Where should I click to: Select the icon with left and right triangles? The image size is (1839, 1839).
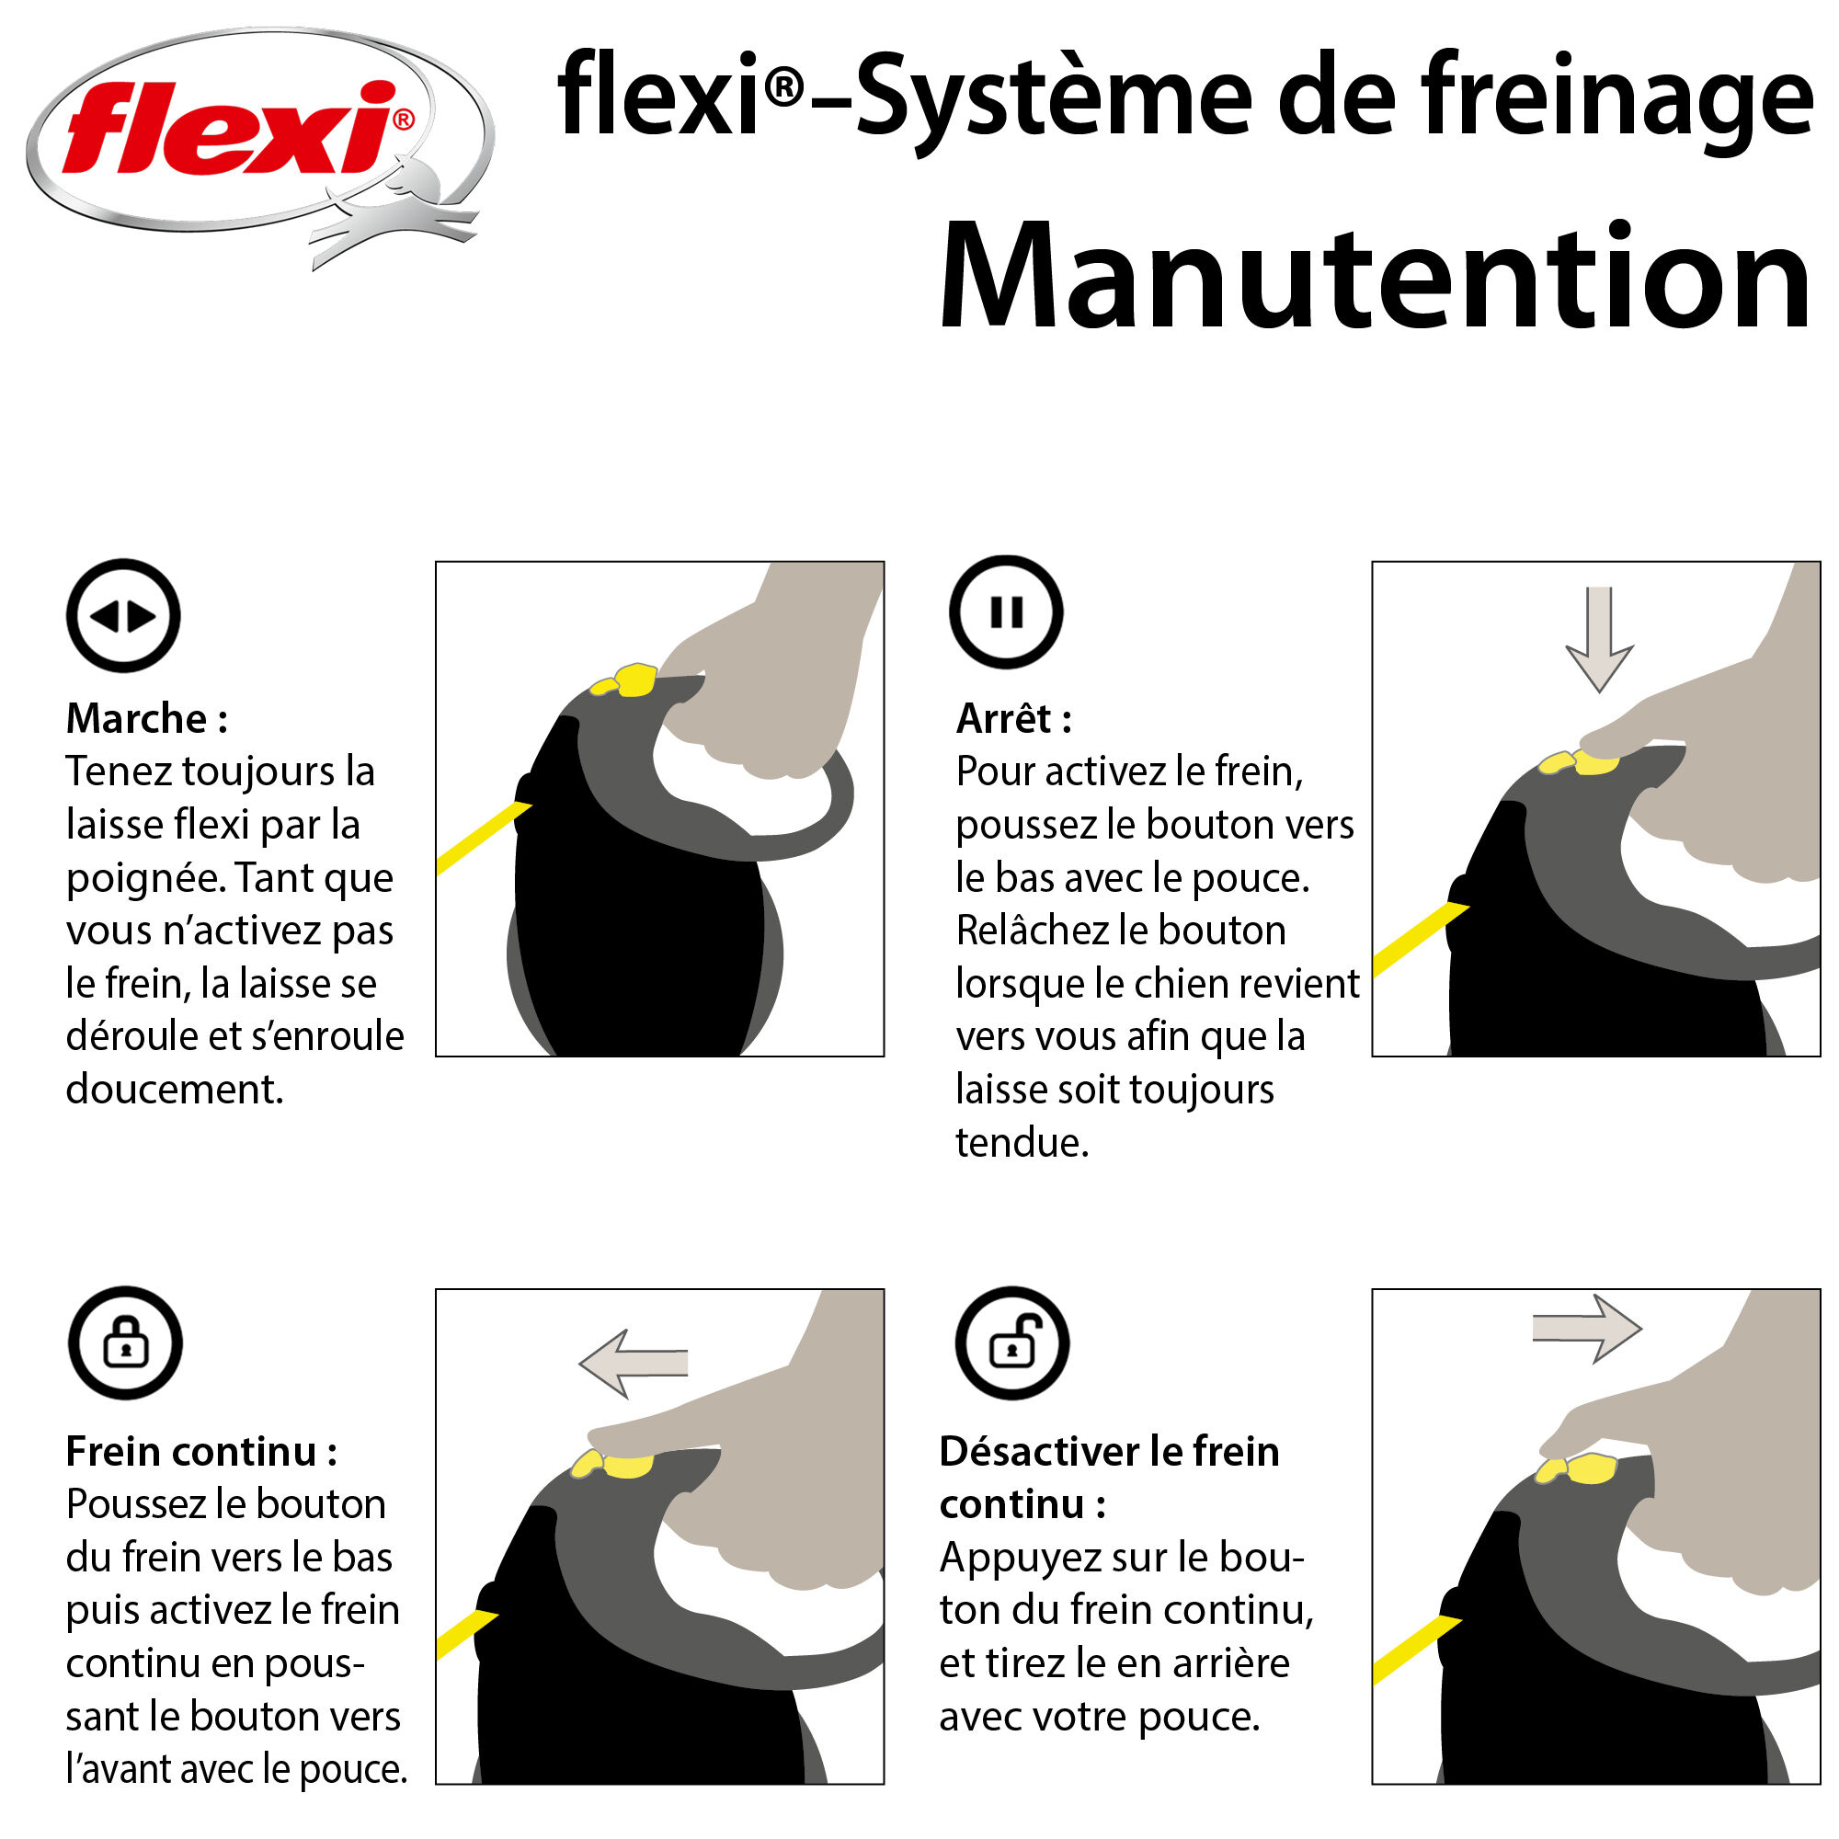pyautogui.click(x=123, y=617)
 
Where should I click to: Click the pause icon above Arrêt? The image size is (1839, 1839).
pyautogui.click(x=1006, y=612)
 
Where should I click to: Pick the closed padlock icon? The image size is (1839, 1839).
pyautogui.click(x=125, y=1343)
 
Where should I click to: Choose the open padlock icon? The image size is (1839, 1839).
pyautogui.click(x=1011, y=1343)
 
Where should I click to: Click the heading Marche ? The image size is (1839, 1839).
pyautogui.click(x=146, y=719)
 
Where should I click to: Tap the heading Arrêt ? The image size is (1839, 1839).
pyautogui.click(x=1013, y=719)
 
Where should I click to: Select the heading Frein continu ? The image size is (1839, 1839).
pyautogui.click(x=200, y=1452)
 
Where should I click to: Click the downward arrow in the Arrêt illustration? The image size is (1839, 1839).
pyautogui.click(x=1599, y=638)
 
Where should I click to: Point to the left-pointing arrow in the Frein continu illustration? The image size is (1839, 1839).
pyautogui.click(x=634, y=1363)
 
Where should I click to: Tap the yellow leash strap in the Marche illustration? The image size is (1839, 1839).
pyautogui.click(x=481, y=838)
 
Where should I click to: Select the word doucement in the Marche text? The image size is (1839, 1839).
pyautogui.click(x=174, y=1089)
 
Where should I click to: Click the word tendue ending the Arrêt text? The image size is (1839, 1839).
pyautogui.click(x=1022, y=1142)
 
